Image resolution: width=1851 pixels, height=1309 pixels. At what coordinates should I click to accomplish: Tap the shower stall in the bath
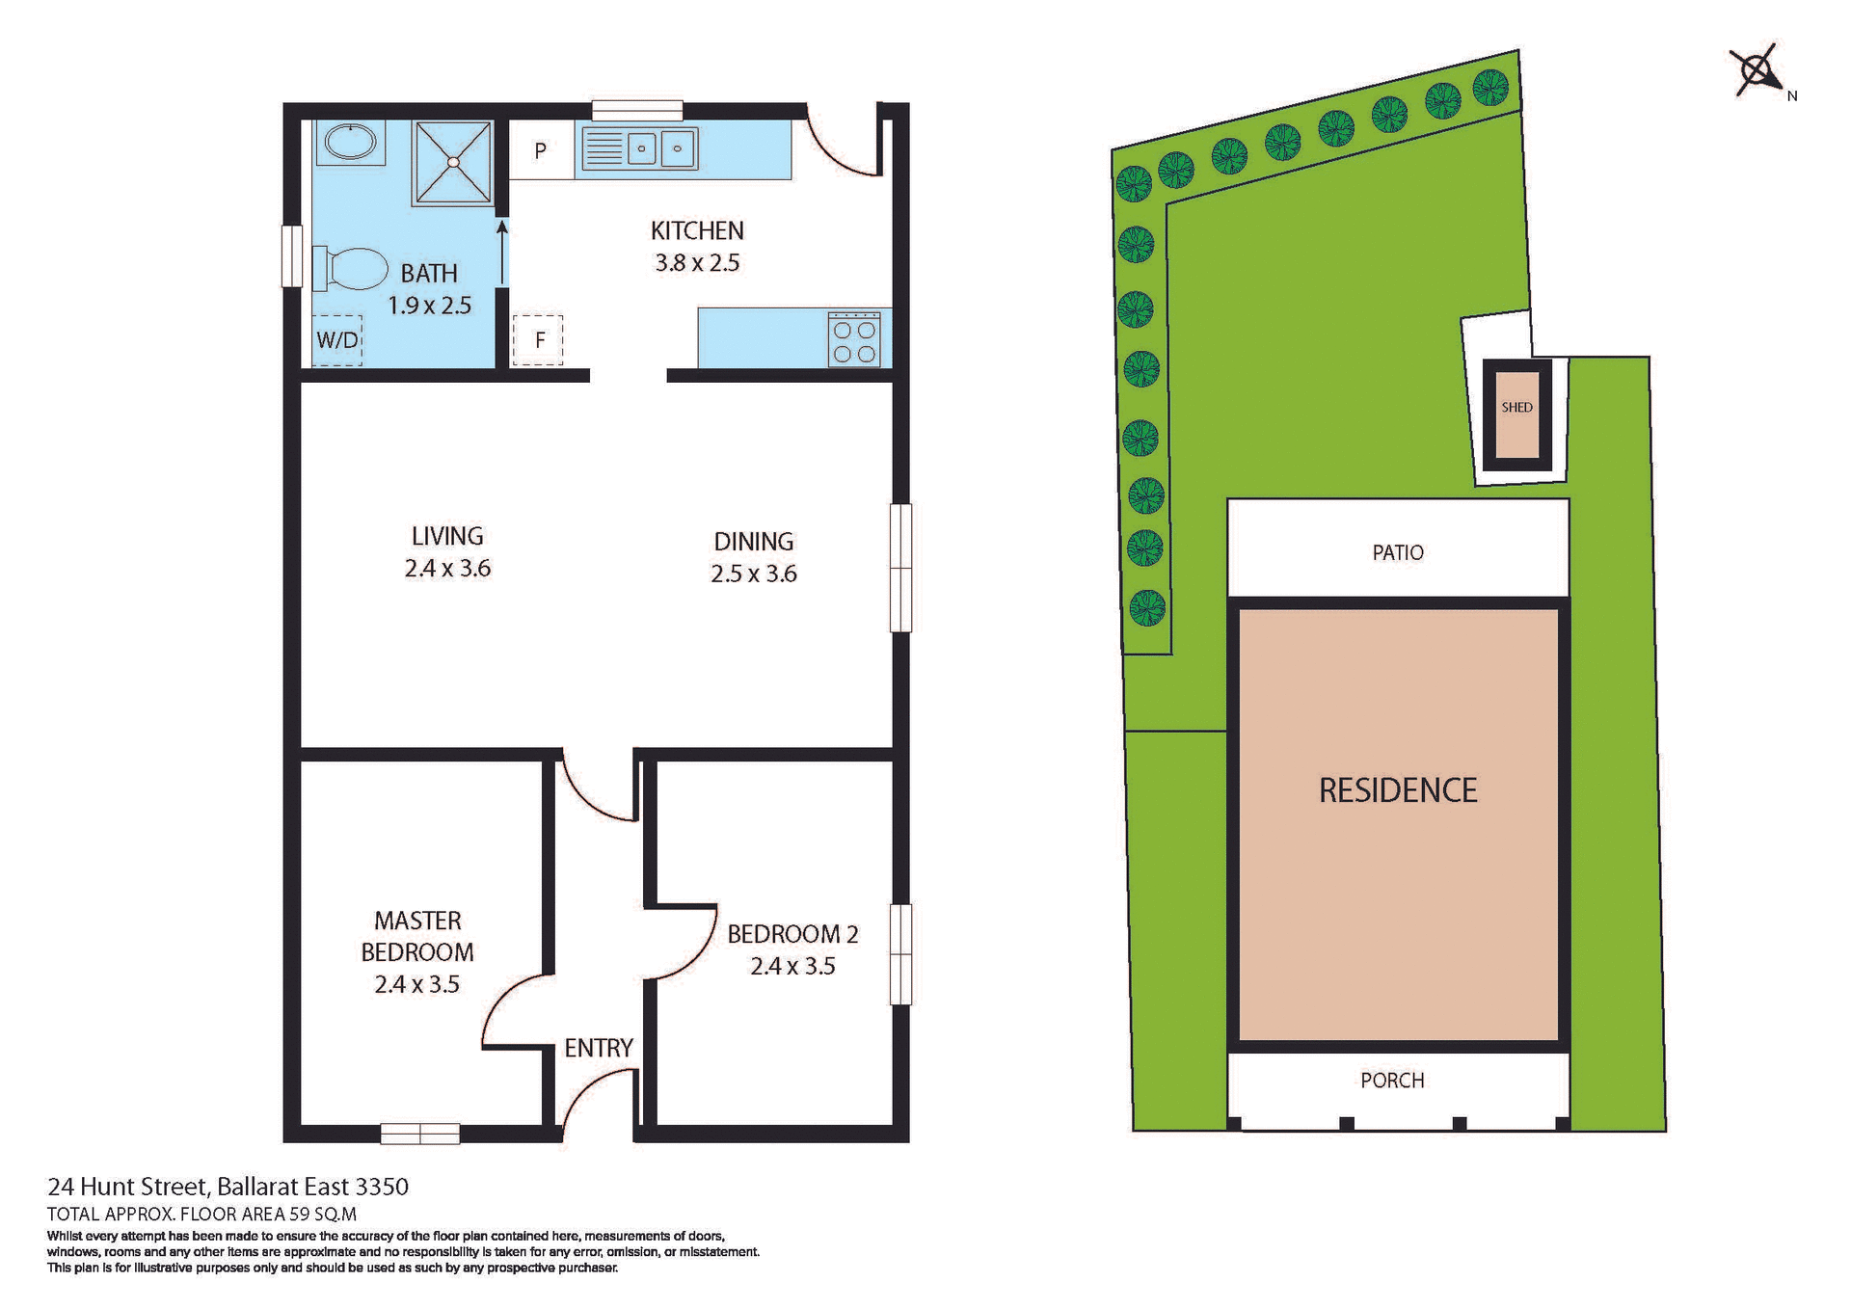(452, 162)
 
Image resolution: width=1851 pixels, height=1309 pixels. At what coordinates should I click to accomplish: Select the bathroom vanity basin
(350, 142)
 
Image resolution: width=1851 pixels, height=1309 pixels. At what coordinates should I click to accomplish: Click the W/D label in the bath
(337, 340)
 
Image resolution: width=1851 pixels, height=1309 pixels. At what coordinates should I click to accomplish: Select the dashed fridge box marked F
(538, 339)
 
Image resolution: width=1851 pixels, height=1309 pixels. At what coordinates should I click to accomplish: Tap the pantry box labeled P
(541, 150)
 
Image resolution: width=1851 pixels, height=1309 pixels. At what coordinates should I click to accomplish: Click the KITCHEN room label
(696, 230)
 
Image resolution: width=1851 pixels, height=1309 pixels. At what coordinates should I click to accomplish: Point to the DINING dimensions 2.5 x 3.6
(753, 574)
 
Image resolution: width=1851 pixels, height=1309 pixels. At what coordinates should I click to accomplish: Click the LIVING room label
(447, 536)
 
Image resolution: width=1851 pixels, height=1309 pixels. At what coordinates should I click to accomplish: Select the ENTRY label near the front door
(598, 1048)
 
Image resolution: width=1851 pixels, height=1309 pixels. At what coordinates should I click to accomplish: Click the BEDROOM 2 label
(792, 934)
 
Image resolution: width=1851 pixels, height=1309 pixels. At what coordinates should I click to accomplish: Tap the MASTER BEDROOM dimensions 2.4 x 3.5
(416, 984)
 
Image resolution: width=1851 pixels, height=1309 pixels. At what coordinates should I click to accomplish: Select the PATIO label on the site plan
(1397, 552)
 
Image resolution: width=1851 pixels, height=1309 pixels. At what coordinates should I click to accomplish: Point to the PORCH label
(1391, 1081)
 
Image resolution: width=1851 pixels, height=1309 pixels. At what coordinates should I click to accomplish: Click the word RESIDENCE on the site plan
(1397, 790)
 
